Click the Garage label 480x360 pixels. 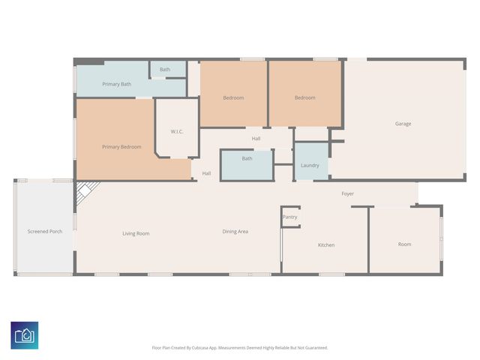click(x=403, y=124)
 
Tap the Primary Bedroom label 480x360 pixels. click(x=121, y=147)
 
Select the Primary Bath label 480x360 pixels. click(x=116, y=84)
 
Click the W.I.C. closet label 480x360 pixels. click(x=177, y=132)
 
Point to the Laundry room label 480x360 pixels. click(x=310, y=165)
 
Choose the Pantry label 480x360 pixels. click(x=289, y=217)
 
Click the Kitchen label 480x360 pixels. click(x=325, y=245)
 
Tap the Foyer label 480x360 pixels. click(x=347, y=193)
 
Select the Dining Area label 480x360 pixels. click(x=235, y=232)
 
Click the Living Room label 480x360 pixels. click(x=136, y=233)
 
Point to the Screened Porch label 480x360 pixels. click(x=45, y=232)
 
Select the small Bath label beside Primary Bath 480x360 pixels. click(x=165, y=70)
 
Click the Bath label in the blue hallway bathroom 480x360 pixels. click(x=247, y=159)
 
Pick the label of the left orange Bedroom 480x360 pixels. click(x=233, y=97)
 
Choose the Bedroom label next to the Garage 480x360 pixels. click(x=304, y=97)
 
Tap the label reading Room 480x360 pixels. click(x=404, y=244)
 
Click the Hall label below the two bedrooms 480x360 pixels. click(x=256, y=139)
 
